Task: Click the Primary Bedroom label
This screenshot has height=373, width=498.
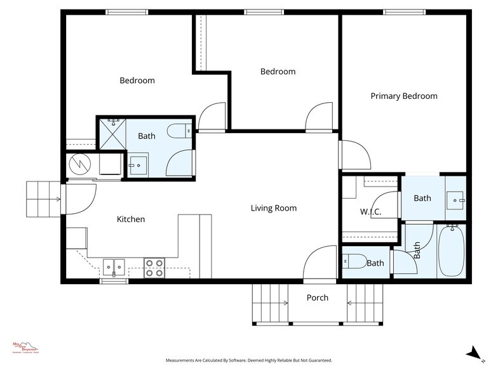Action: click(x=404, y=96)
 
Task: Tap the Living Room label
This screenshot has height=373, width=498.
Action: click(x=273, y=208)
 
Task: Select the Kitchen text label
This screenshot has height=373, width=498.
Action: click(x=131, y=219)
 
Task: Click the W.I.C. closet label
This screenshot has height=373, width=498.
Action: click(x=370, y=212)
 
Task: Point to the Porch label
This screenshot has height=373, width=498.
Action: click(x=318, y=298)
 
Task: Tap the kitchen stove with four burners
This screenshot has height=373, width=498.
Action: click(x=154, y=268)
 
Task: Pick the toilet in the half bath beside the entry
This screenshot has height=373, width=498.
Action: click(x=354, y=261)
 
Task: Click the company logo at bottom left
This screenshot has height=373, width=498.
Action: click(x=25, y=348)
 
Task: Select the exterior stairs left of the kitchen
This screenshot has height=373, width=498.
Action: click(x=42, y=198)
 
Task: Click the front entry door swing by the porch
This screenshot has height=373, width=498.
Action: click(x=319, y=263)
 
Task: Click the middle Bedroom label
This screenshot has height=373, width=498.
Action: click(x=278, y=72)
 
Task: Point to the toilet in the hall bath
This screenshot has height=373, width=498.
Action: click(x=177, y=131)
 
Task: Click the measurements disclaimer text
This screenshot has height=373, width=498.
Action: click(x=248, y=360)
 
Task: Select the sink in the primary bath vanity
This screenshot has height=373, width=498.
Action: click(x=455, y=200)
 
